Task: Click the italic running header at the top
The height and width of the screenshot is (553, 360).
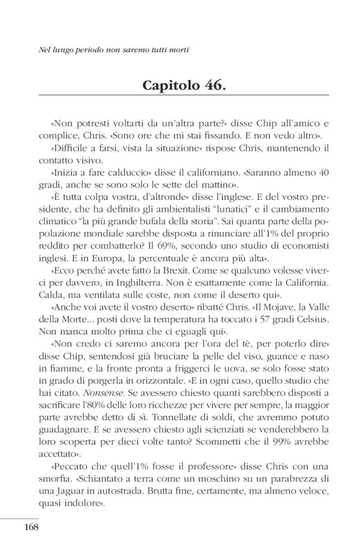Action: (114, 48)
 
